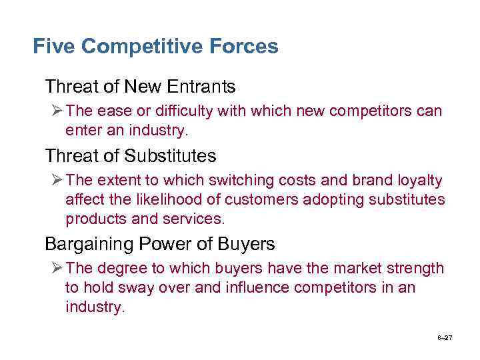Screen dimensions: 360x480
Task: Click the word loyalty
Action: (419, 181)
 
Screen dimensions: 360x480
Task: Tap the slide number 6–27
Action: (445, 338)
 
